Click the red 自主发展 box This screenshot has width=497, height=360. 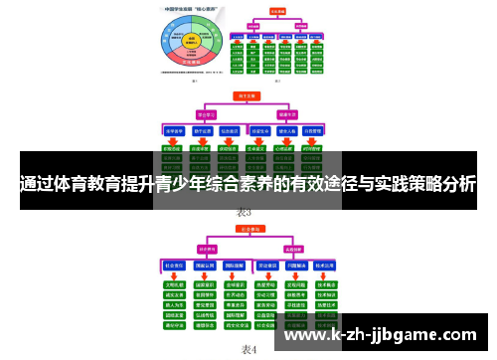[x=244, y=96]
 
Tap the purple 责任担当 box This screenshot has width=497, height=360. [x=208, y=249]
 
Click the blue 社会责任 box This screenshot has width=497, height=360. [x=174, y=268]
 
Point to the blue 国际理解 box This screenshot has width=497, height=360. [x=237, y=268]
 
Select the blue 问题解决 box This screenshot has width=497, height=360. [x=295, y=268]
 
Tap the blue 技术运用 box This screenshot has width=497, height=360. [x=326, y=268]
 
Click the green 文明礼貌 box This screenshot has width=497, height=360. [x=174, y=283]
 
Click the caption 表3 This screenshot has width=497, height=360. [x=245, y=213]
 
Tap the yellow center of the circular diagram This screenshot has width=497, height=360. [x=192, y=42]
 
